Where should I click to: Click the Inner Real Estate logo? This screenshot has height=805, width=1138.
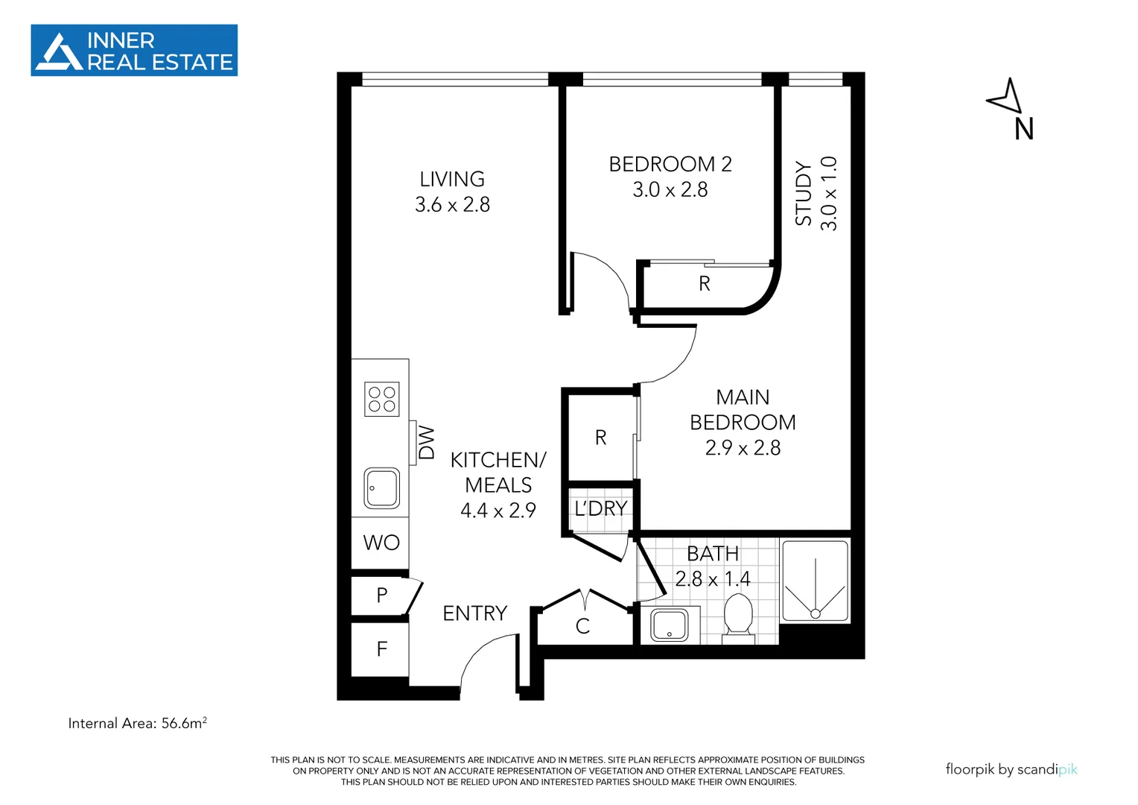pos(134,51)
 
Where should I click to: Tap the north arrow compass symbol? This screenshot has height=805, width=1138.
pos(1005,97)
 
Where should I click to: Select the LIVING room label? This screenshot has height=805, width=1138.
pos(452,180)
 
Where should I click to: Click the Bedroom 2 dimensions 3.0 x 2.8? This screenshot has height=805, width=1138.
pos(670,190)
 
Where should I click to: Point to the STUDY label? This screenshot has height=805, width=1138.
pos(803,193)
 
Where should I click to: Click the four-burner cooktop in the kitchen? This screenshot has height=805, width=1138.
pos(382,399)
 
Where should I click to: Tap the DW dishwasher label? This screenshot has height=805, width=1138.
pos(427,443)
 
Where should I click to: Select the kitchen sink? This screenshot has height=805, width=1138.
pos(382,488)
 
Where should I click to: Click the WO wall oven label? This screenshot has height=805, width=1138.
pos(381,543)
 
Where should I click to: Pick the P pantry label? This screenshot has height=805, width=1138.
pos(382,596)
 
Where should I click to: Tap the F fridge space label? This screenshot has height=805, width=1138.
pos(382,649)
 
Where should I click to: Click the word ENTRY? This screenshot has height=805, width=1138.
pos(474,613)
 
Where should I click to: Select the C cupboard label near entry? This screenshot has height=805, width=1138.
pos(582,627)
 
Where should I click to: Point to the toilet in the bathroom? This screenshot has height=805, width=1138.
pos(738,616)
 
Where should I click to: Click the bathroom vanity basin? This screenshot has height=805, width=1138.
pos(670,625)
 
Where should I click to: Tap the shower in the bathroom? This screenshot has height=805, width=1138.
pos(815,582)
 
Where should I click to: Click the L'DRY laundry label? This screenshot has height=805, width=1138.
pos(600,509)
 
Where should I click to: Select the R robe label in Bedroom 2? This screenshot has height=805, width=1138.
pos(705,284)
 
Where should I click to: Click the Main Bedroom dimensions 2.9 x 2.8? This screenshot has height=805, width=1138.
pos(743,448)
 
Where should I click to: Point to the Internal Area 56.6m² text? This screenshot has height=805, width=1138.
pos(137,723)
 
